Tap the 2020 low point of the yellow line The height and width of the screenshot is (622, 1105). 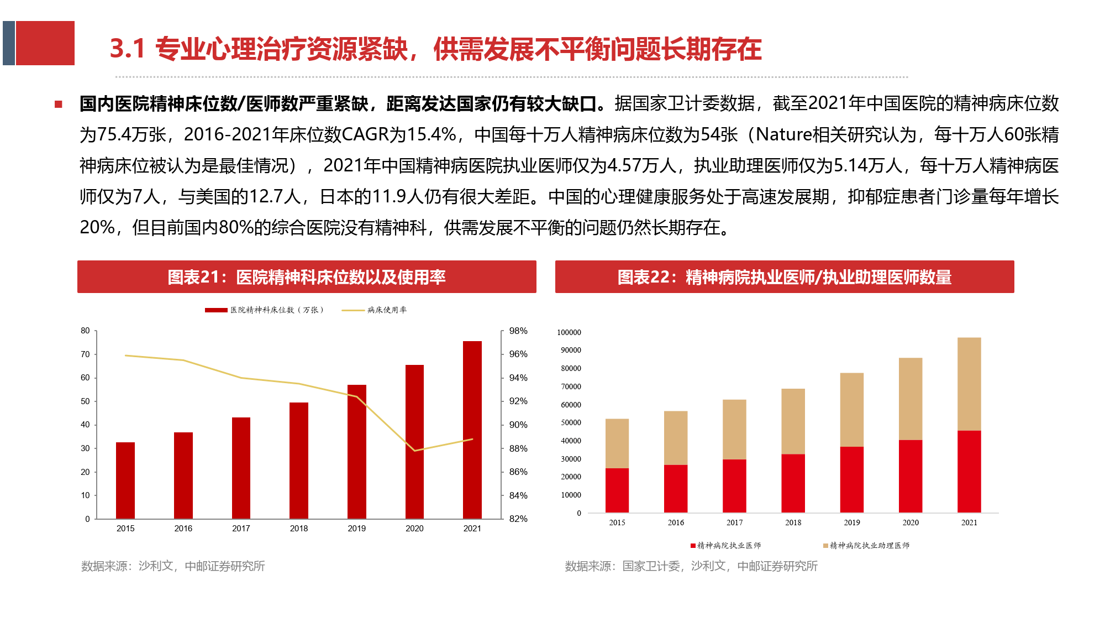[414, 451]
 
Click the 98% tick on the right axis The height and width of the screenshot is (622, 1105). [518, 331]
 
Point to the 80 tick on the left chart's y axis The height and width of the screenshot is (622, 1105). [85, 331]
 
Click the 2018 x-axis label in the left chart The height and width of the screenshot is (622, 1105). [298, 529]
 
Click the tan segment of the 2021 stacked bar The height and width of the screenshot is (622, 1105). [969, 384]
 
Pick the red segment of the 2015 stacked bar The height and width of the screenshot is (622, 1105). [617, 490]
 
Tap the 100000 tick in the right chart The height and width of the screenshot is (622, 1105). [569, 332]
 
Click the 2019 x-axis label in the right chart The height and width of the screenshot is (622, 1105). [852, 522]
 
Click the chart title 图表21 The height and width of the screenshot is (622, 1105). [307, 277]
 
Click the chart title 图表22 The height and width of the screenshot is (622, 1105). [785, 277]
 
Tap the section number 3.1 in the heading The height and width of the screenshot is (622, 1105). [127, 49]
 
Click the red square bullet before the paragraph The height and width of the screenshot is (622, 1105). [59, 104]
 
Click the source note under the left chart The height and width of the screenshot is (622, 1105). [173, 566]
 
